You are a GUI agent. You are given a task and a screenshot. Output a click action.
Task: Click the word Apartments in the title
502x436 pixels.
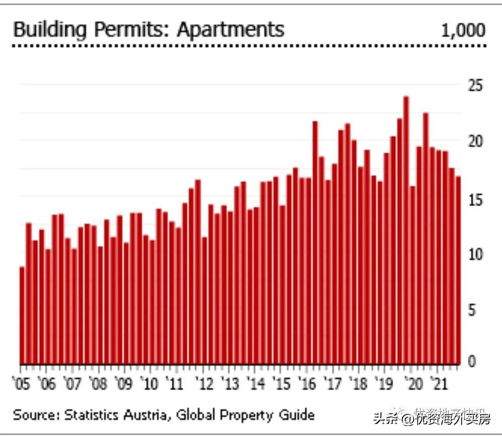[230, 30]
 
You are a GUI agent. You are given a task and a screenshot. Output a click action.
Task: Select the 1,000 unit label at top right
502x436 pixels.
[463, 31]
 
